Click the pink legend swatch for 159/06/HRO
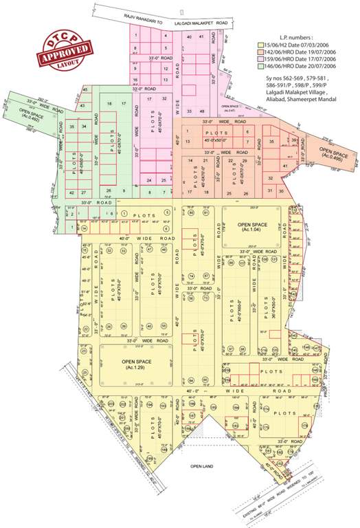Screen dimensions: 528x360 261,60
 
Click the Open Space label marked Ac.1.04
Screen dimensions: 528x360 255,227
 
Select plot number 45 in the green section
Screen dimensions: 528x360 85,90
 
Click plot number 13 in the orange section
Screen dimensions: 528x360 188,141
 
